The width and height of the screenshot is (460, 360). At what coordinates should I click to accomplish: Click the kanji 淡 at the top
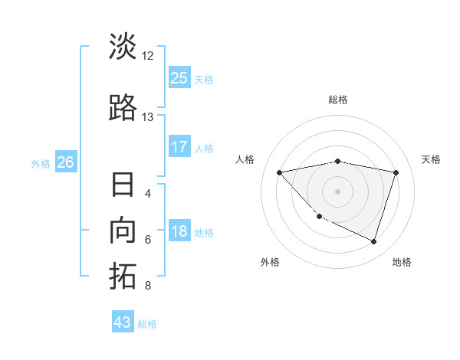(x=123, y=47)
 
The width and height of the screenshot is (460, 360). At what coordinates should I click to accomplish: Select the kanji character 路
(x=123, y=108)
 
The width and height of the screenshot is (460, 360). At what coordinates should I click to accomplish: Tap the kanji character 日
(x=123, y=186)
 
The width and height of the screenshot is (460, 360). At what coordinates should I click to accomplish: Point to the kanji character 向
(x=123, y=231)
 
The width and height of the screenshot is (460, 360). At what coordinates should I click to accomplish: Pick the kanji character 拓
(x=123, y=277)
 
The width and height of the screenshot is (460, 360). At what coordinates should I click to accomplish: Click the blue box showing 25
(x=179, y=78)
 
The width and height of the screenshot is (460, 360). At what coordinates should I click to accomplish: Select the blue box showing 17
(x=179, y=147)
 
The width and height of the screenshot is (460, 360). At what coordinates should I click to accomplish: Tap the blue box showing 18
(x=179, y=232)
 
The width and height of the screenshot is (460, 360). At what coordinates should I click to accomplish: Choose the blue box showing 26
(x=65, y=162)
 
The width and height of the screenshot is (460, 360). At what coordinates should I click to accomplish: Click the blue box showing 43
(x=123, y=322)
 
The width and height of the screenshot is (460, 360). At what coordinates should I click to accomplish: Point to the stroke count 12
(x=148, y=55)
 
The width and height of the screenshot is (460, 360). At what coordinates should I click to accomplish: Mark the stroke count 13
(x=148, y=116)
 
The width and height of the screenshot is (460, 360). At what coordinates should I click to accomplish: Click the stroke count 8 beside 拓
(x=148, y=286)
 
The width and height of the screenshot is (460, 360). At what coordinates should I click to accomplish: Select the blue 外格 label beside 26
(x=41, y=163)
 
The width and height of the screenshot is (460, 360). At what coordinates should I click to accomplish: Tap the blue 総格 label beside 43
(x=147, y=323)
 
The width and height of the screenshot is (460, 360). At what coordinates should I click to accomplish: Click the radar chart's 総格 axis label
(x=337, y=100)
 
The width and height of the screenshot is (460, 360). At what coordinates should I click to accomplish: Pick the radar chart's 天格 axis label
(x=431, y=159)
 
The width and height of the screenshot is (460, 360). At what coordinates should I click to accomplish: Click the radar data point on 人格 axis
(x=280, y=172)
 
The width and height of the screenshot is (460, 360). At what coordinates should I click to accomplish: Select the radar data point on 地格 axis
(x=373, y=241)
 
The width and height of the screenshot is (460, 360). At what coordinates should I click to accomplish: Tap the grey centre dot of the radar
(x=337, y=191)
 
